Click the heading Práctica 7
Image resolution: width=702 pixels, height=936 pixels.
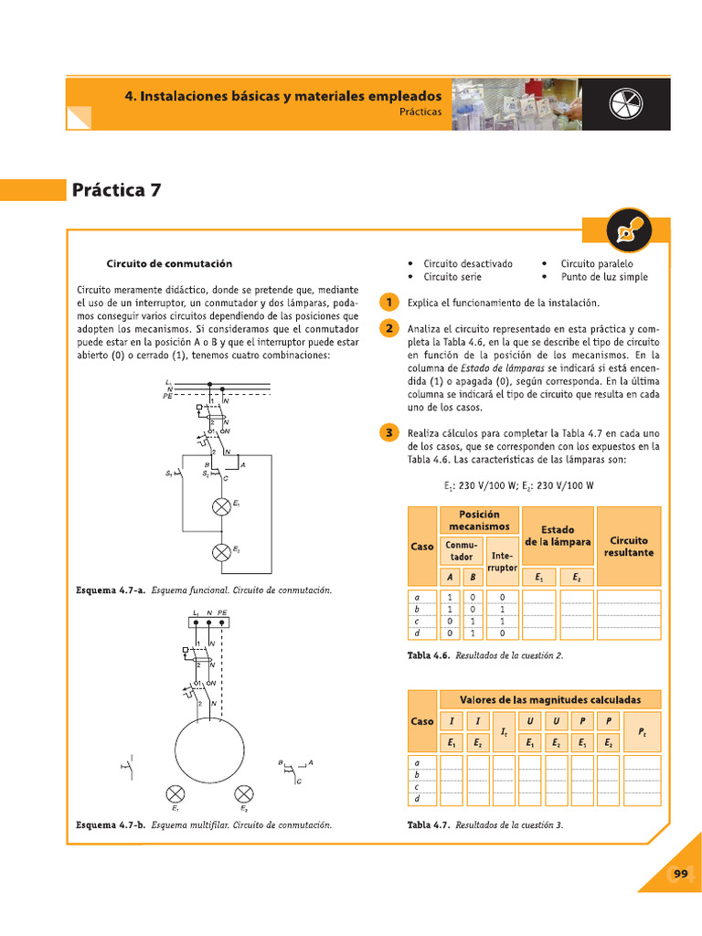[x=116, y=190]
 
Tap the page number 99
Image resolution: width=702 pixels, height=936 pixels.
[x=680, y=874]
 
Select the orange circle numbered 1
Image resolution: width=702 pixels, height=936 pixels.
[x=389, y=303]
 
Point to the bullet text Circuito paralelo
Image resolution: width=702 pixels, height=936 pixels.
[x=596, y=263]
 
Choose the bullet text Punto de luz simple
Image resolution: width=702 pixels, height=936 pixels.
[x=603, y=277]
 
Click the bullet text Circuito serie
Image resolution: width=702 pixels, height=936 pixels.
[x=452, y=277]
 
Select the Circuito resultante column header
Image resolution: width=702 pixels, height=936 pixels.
[x=629, y=547]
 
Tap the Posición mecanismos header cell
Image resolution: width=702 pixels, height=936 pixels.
[x=480, y=520]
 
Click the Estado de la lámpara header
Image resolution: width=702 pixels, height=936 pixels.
[x=558, y=536]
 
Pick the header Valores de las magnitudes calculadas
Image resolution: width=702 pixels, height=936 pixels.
[x=550, y=699]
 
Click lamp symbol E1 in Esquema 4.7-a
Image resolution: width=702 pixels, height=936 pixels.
[x=220, y=506]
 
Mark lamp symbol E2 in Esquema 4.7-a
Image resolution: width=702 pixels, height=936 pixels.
[x=220, y=552]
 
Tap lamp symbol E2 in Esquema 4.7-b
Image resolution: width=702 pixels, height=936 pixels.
[x=244, y=792]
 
